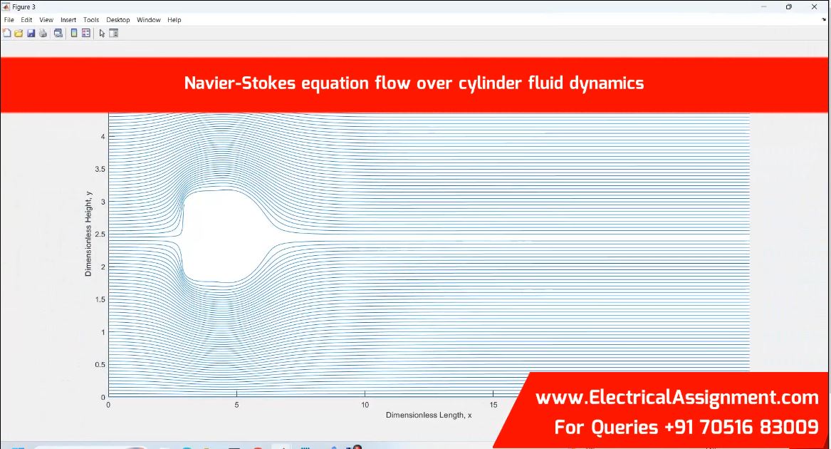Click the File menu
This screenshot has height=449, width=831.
click(9, 20)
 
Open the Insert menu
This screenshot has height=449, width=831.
click(68, 20)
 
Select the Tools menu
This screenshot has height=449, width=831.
click(91, 20)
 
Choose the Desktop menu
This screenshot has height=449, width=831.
click(117, 20)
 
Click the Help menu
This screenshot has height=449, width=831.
click(174, 20)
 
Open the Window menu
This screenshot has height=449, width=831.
click(148, 20)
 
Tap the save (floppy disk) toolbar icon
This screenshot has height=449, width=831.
click(31, 33)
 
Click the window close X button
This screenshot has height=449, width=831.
click(814, 7)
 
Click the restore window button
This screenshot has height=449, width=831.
click(788, 7)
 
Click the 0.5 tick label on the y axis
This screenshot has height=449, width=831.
click(100, 365)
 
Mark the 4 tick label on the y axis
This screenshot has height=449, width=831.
click(103, 136)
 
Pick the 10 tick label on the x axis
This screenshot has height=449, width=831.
click(365, 405)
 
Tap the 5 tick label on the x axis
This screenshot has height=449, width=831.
click(237, 405)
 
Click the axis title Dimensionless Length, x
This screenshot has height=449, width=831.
click(429, 415)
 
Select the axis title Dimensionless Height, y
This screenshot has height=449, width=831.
click(88, 234)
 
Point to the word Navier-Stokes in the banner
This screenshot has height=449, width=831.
click(240, 83)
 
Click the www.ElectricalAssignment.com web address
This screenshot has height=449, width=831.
click(676, 398)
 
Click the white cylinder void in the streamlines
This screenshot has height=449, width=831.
click(223, 236)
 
